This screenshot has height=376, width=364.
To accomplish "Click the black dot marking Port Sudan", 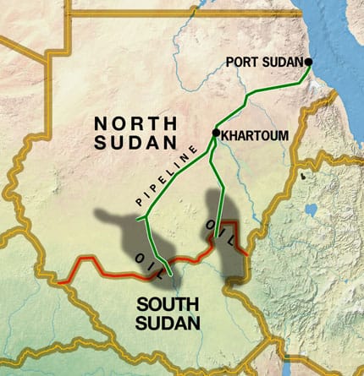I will [x=309, y=62].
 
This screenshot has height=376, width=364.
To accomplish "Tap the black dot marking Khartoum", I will [x=216, y=133].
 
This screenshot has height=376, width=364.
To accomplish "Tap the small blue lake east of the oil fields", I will [x=312, y=210].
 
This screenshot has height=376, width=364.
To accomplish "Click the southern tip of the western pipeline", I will [x=172, y=275].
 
